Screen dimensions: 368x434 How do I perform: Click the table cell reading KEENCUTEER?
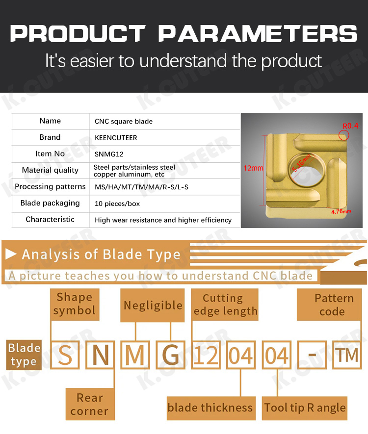(164, 138)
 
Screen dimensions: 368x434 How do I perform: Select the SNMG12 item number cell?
(164, 154)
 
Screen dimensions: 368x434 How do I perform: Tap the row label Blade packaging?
(50, 203)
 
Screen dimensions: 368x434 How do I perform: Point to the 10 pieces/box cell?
(164, 204)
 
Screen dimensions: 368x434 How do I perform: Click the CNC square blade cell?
(164, 121)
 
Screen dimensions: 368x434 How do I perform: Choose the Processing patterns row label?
(50, 187)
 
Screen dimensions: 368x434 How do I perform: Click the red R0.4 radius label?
(350, 126)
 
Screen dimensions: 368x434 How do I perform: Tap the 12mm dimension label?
(253, 168)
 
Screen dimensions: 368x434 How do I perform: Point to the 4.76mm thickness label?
(341, 212)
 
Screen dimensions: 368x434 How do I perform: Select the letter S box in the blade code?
(65, 355)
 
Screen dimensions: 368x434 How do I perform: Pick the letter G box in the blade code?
(170, 355)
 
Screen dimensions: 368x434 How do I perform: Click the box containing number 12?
(206, 355)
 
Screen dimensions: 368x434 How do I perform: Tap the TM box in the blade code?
(347, 355)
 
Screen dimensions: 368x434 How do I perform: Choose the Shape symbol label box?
(75, 305)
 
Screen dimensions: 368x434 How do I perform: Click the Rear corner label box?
(90, 404)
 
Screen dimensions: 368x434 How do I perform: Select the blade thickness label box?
(211, 408)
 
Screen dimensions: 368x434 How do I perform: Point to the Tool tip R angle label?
(305, 408)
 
